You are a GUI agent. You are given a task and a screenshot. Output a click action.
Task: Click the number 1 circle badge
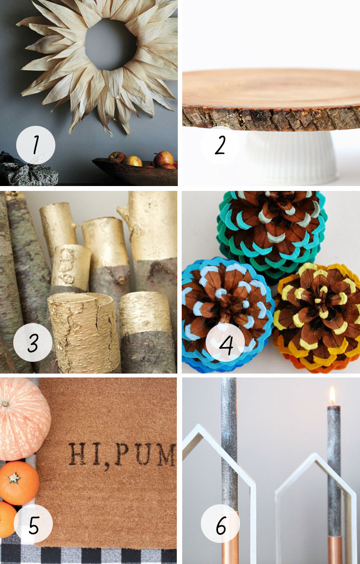(36, 145)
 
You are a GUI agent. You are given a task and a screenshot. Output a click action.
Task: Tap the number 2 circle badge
(220, 145)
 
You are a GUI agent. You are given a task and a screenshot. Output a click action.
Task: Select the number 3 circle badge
(33, 342)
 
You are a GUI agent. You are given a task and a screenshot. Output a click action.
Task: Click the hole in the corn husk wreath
(111, 45)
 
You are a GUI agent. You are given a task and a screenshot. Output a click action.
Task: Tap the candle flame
(332, 395)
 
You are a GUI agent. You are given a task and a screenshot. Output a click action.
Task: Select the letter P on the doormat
(121, 454)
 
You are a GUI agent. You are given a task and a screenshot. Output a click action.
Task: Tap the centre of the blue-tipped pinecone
(223, 304)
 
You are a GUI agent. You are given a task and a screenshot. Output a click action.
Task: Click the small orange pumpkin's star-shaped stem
(14, 478)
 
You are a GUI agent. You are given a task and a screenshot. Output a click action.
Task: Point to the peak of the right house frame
(316, 455)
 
